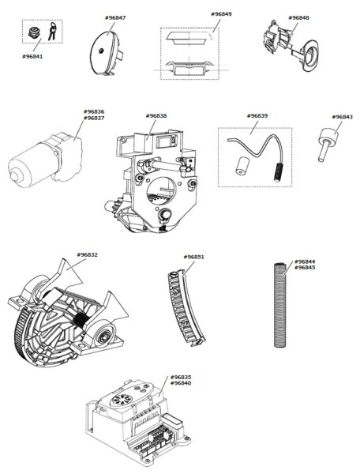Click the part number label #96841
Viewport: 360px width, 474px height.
pyautogui.click(x=32, y=57)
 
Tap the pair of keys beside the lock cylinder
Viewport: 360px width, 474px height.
pyautogui.click(x=52, y=31)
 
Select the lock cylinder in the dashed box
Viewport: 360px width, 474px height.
pyautogui.click(x=35, y=32)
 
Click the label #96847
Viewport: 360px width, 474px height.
pyautogui.click(x=115, y=18)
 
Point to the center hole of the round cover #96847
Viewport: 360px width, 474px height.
pyautogui.click(x=102, y=51)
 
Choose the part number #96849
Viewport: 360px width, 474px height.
pyautogui.click(x=221, y=14)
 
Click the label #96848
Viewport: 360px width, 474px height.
pyautogui.click(x=298, y=18)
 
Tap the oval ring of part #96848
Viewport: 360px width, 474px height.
pyautogui.click(x=310, y=56)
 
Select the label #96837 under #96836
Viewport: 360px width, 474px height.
pyautogui.click(x=94, y=118)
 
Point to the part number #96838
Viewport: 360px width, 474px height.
pyautogui.click(x=156, y=116)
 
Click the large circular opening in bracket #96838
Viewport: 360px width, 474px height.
pyautogui.click(x=161, y=190)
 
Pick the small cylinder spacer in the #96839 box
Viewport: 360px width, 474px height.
pyautogui.click(x=241, y=166)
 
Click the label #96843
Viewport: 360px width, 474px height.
pyautogui.click(x=342, y=117)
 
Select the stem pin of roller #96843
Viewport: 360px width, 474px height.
pyautogui.click(x=323, y=151)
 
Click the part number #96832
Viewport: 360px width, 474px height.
pyautogui.click(x=88, y=255)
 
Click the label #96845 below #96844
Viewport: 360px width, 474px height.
pyautogui.click(x=305, y=268)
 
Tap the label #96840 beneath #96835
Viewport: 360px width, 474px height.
pyautogui.click(x=181, y=383)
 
